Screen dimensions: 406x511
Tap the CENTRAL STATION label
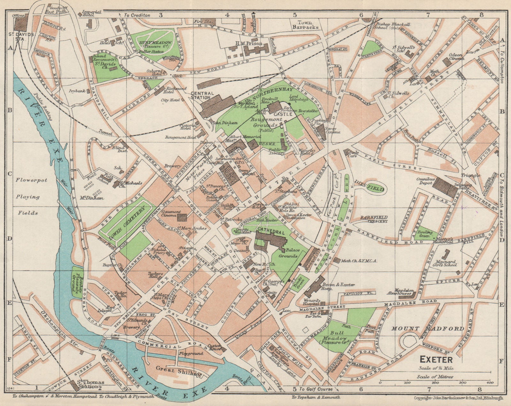(201, 95)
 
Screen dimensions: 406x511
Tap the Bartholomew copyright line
(458, 398)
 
